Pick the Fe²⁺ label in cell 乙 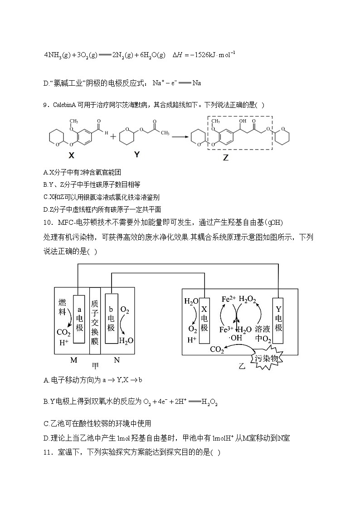[229, 299]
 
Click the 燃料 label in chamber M [63, 307]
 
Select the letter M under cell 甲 [73, 360]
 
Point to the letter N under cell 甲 [117, 360]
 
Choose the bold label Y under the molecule [137, 155]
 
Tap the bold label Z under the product [226, 158]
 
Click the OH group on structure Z [243, 121]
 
